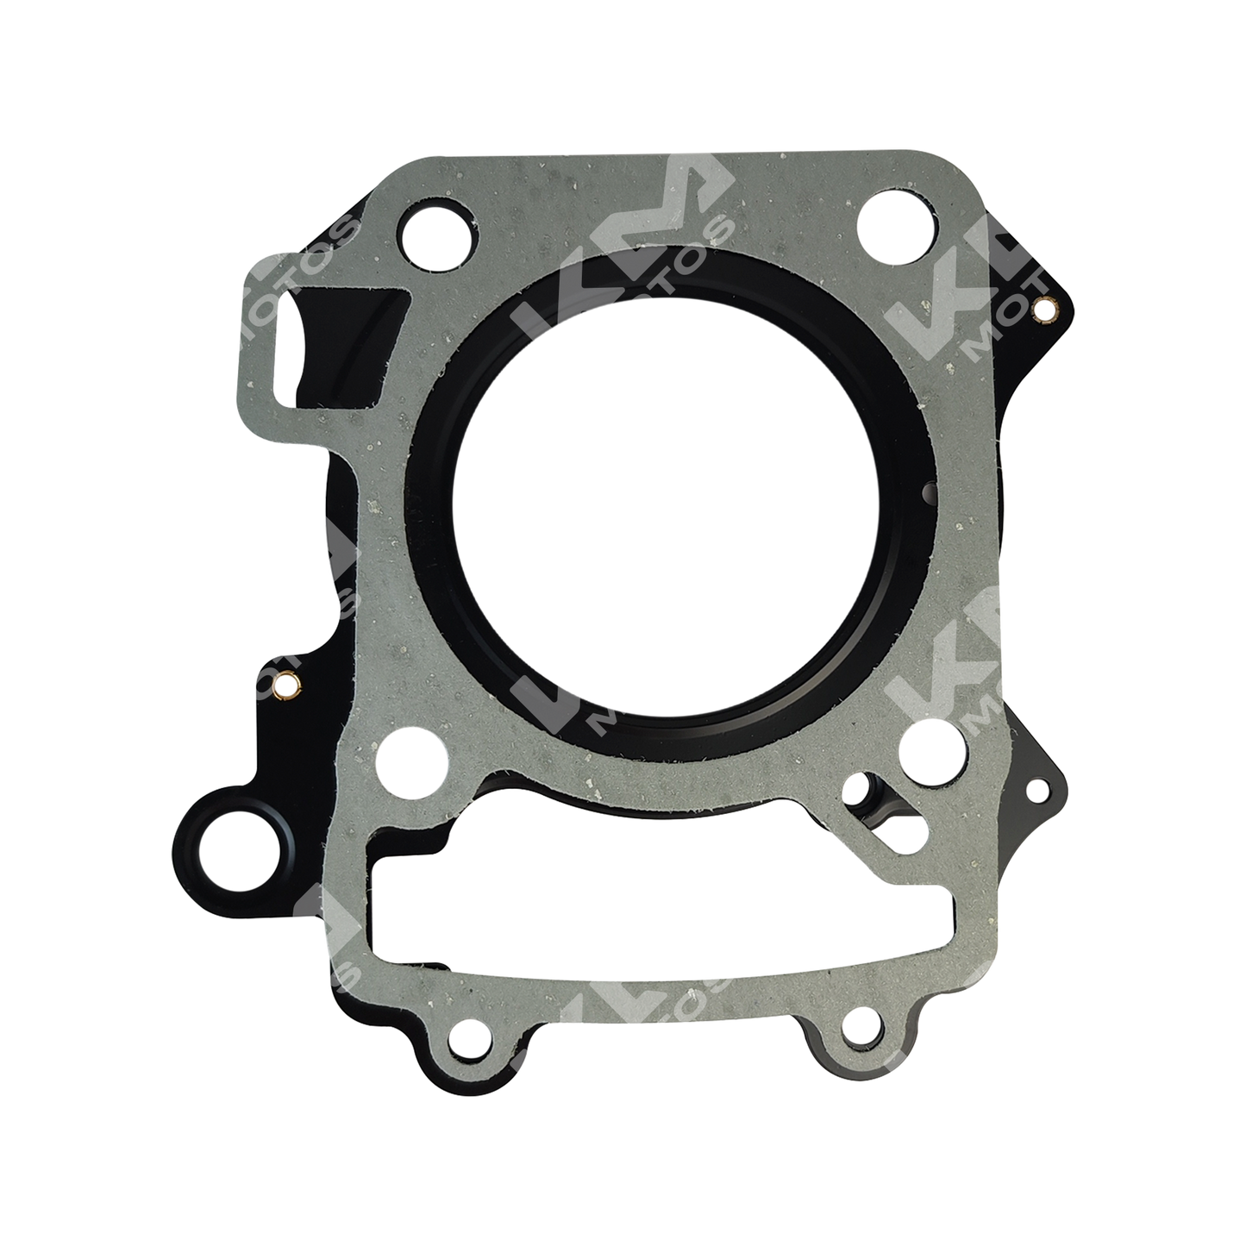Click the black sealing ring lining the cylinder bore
(448, 604)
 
